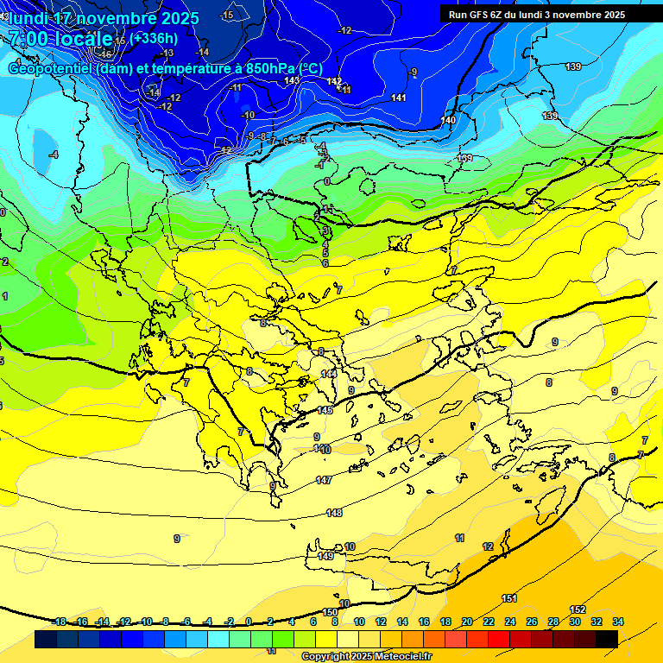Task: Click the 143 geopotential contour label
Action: (x=292, y=80)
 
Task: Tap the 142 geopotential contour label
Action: (x=335, y=81)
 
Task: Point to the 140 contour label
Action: (x=448, y=120)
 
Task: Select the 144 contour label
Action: (x=329, y=374)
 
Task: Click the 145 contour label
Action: (x=325, y=410)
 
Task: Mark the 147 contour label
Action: (x=324, y=480)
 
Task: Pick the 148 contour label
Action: (x=334, y=513)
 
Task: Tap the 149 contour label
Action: (x=325, y=557)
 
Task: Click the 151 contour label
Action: (x=509, y=598)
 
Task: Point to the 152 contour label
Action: (x=578, y=610)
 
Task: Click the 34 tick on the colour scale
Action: (x=617, y=622)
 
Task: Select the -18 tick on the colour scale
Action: (x=60, y=622)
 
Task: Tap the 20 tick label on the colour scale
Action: (x=467, y=622)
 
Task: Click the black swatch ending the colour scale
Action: (x=606, y=639)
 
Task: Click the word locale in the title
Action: (x=85, y=39)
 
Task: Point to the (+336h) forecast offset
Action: (x=154, y=38)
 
